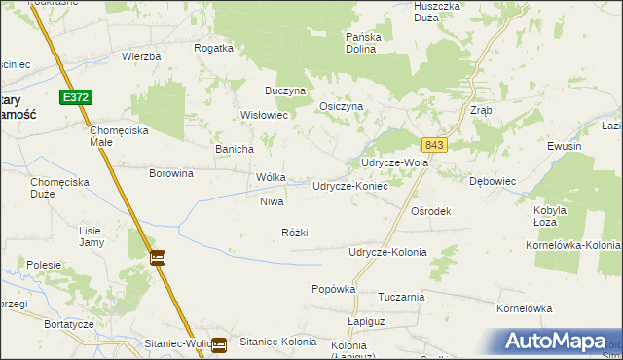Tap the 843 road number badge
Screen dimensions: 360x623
tap(434, 145)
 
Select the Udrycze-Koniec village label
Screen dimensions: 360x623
tap(349, 186)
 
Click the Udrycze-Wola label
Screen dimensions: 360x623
tap(394, 162)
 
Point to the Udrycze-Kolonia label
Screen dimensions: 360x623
tap(387, 252)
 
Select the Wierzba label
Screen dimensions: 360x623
tap(141, 56)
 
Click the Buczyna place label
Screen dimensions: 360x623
tap(286, 90)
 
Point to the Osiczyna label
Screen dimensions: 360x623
tap(342, 107)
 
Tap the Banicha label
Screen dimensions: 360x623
tap(235, 149)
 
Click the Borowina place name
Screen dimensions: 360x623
tap(171, 173)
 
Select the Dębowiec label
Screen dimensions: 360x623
tap(492, 181)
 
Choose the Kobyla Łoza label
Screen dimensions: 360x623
tap(551, 215)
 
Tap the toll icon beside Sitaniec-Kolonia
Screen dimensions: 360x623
tap(220, 343)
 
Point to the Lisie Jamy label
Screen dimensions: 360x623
tap(91, 236)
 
